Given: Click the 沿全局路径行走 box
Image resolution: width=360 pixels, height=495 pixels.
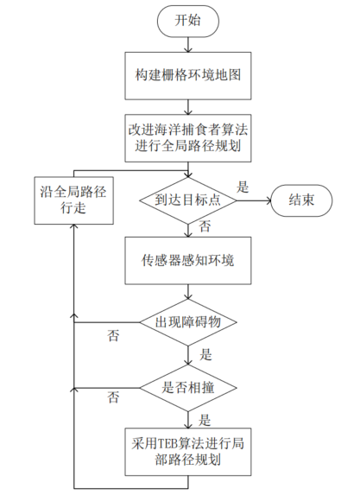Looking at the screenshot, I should pos(74,200).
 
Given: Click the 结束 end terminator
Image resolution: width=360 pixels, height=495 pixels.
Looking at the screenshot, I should pos(300,200).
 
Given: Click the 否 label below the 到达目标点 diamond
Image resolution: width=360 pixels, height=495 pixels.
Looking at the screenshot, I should pos(205,227).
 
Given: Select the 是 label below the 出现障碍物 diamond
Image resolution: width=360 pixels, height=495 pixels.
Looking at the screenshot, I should pos(205,354).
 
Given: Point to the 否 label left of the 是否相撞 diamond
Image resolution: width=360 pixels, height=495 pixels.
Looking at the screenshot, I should pos(113,397).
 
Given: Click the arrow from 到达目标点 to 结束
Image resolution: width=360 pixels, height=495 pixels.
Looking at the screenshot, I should pos(255,200).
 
